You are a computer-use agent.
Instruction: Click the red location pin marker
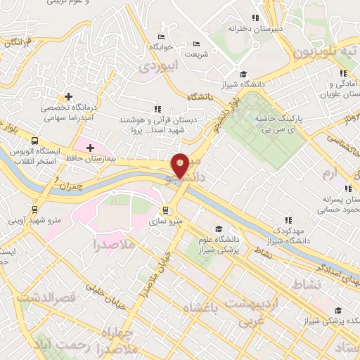[180, 165]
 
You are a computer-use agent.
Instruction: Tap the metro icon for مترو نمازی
[167, 210]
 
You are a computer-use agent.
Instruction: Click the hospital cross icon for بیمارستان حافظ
[91, 147]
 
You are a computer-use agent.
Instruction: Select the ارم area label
[327, 172]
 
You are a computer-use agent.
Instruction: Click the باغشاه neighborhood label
[201, 307]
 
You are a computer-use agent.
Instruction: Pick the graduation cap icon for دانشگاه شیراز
[243, 74]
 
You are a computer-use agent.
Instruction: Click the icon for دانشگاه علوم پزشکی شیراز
[219, 229]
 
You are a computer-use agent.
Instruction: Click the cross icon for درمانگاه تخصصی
[68, 96]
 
